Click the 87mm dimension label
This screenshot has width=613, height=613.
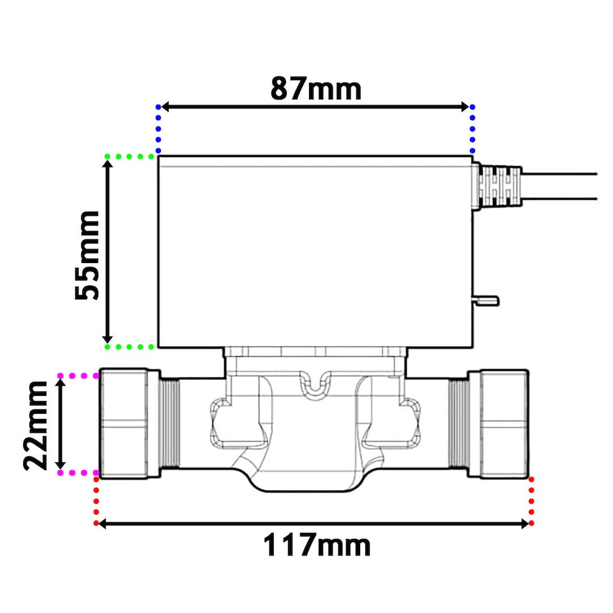315,88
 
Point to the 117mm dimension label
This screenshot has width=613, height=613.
317,546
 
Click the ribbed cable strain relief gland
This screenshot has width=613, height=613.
500,186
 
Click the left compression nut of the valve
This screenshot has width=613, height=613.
130,423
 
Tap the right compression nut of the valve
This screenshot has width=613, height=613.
503,423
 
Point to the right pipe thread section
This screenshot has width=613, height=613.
458,423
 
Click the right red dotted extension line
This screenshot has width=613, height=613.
531,501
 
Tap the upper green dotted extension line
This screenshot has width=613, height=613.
130,156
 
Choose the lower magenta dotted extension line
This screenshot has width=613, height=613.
77,473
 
